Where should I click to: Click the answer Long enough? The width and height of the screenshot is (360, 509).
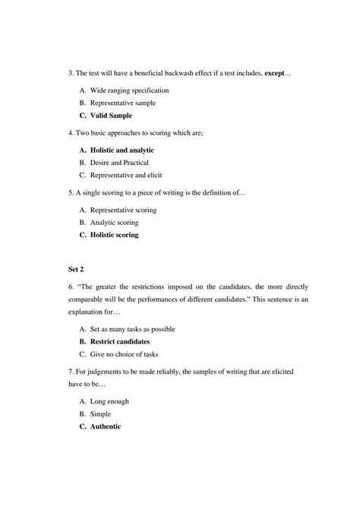pos(108,401)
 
